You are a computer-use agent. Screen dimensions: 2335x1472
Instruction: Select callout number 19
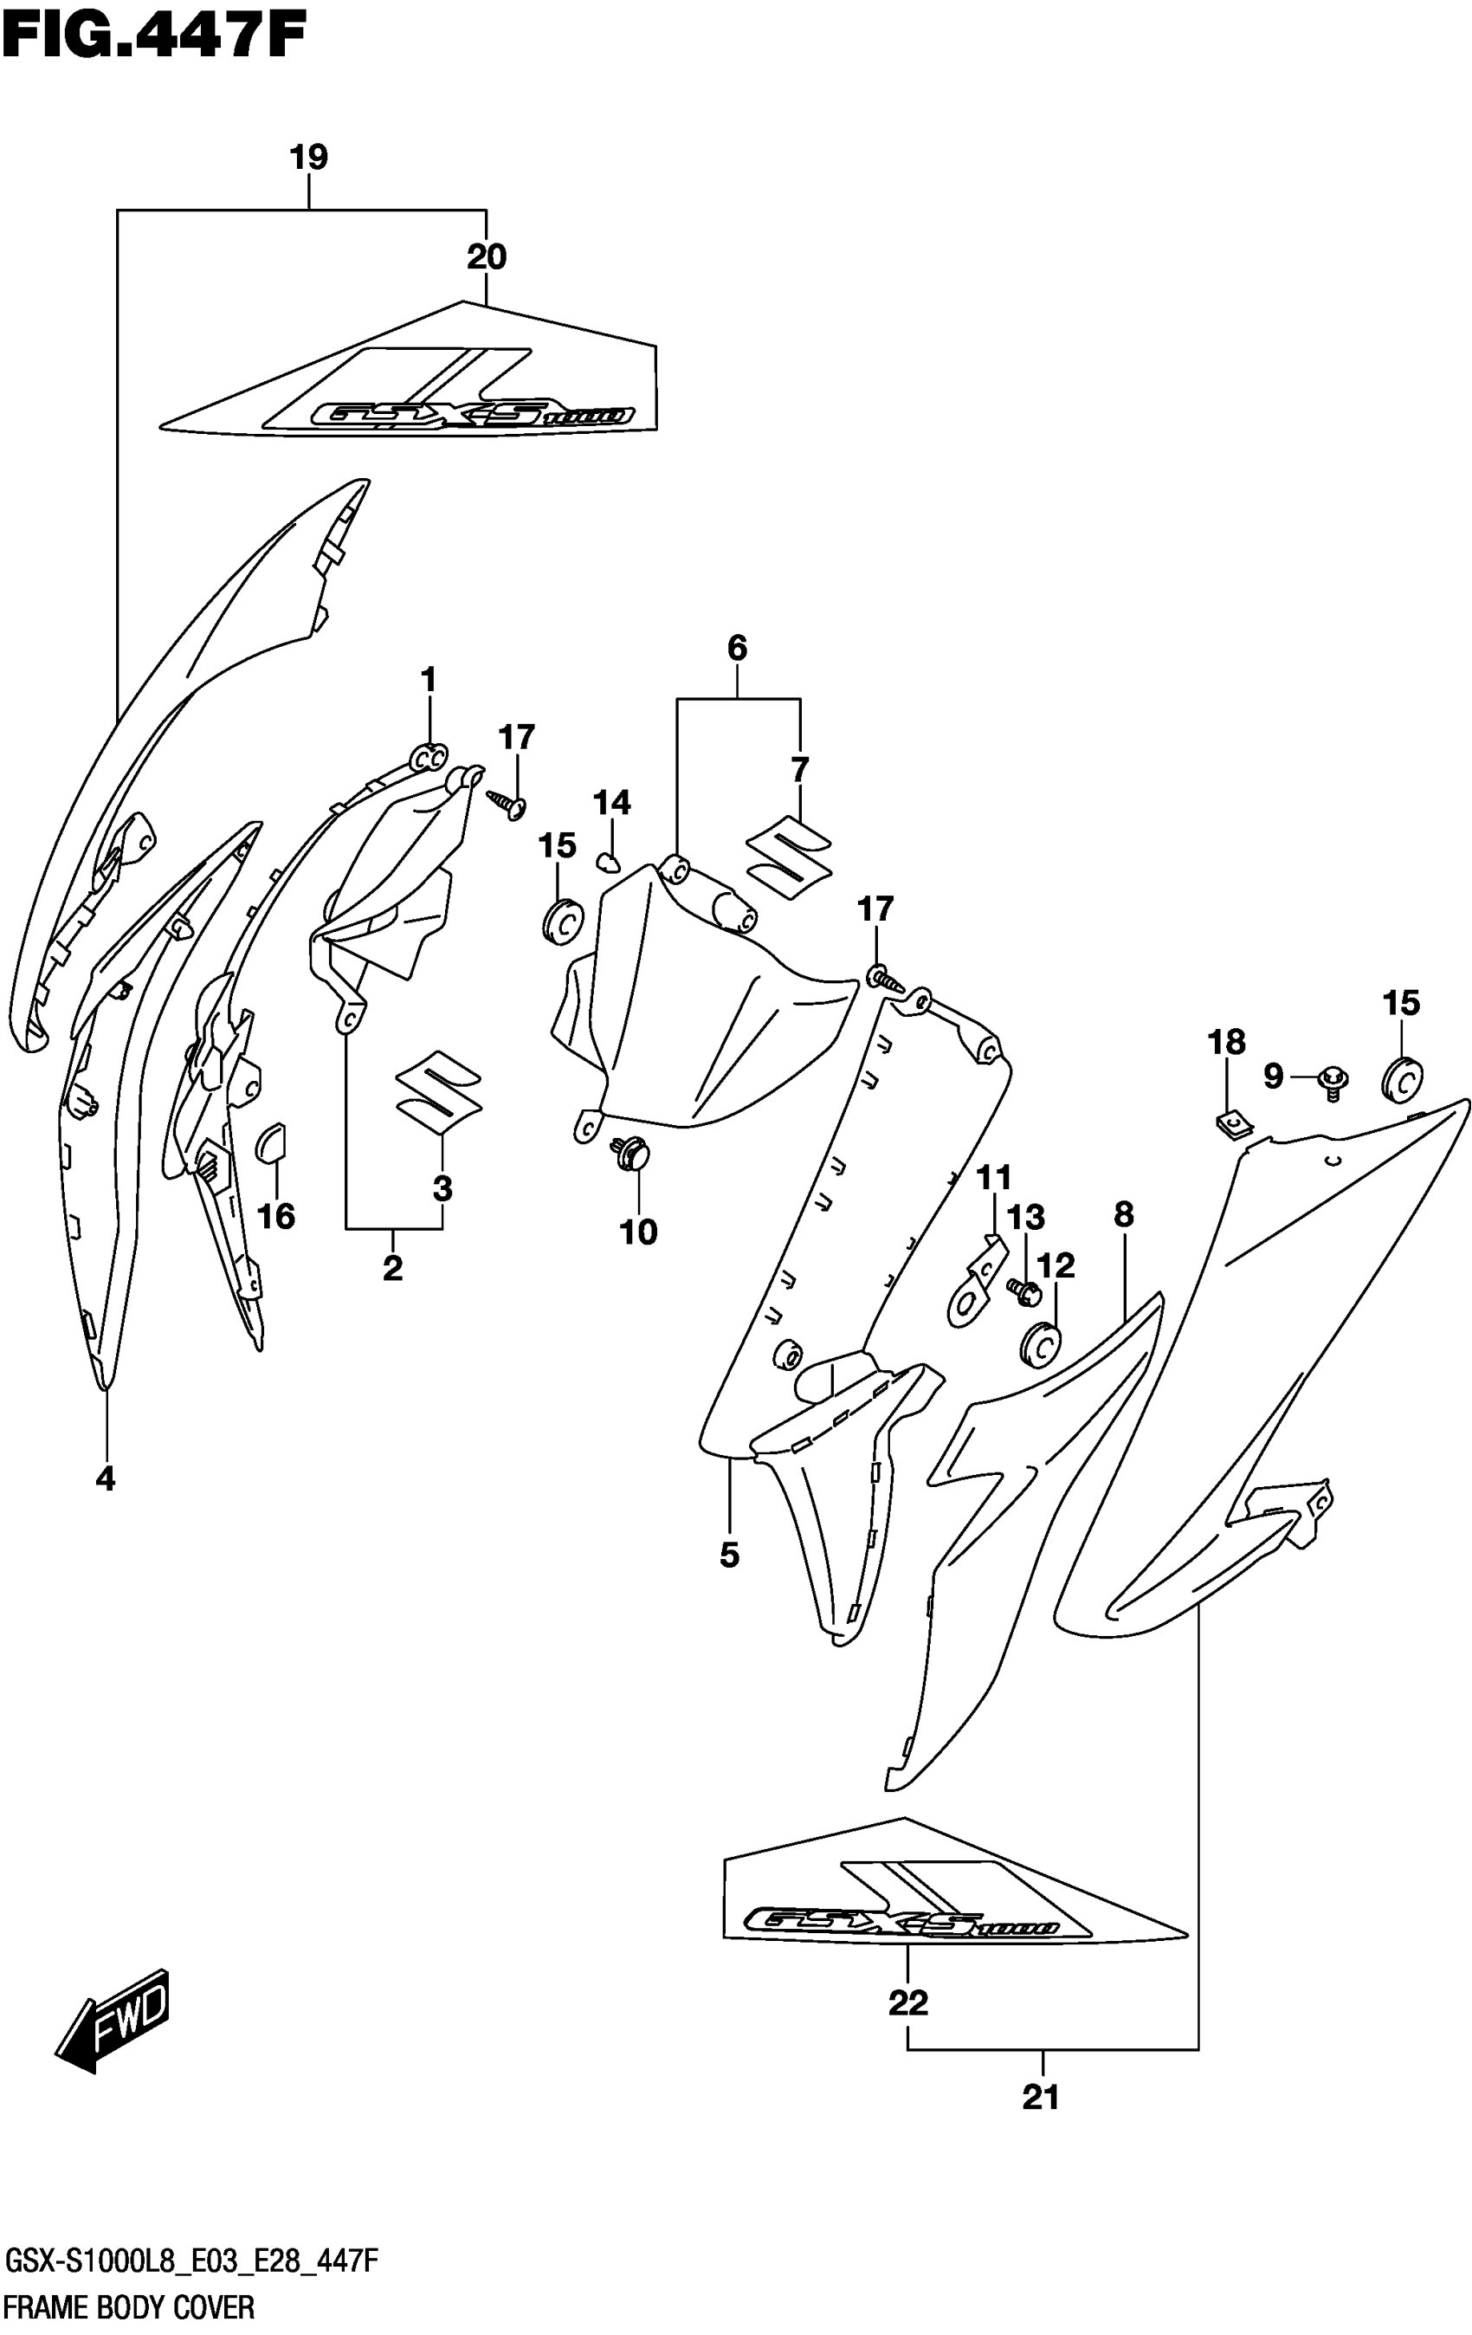pyautogui.click(x=309, y=157)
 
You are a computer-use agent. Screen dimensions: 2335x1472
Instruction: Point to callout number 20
pyautogui.click(x=486, y=258)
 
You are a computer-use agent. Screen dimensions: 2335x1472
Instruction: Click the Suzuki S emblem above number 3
pyautogui.click(x=438, y=1091)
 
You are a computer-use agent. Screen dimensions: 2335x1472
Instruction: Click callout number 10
pyautogui.click(x=638, y=1232)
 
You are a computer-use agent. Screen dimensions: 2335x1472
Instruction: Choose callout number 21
pyautogui.click(x=1041, y=2098)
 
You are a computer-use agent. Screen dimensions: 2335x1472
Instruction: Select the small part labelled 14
pyautogui.click(x=608, y=862)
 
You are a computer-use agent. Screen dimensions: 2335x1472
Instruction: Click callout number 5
pyautogui.click(x=729, y=1556)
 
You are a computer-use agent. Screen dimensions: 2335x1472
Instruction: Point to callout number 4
pyautogui.click(x=105, y=1478)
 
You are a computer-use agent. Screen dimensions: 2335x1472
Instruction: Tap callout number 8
pyautogui.click(x=1123, y=1214)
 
